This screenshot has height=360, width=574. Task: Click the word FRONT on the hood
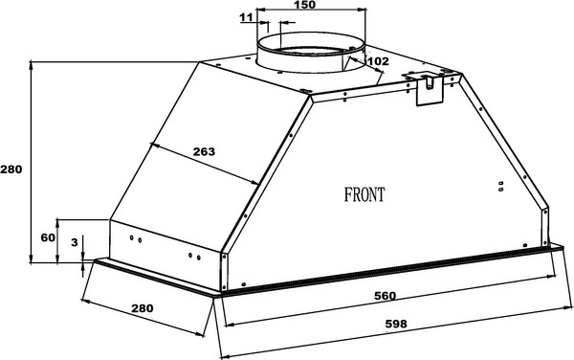pos(364,194)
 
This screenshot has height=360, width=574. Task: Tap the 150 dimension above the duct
pos(304,5)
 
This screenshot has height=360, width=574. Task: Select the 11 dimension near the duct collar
pos(247,17)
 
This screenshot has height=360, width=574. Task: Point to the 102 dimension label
pos(378,61)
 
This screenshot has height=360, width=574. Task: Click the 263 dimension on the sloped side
pos(205,151)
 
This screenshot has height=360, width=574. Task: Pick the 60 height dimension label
pos(48,237)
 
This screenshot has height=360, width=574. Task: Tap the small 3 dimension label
pos(75,242)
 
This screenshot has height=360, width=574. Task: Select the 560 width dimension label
pos(386,296)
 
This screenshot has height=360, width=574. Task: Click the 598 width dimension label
pos(396,324)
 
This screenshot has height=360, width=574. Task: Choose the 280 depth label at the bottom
pos(143,308)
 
